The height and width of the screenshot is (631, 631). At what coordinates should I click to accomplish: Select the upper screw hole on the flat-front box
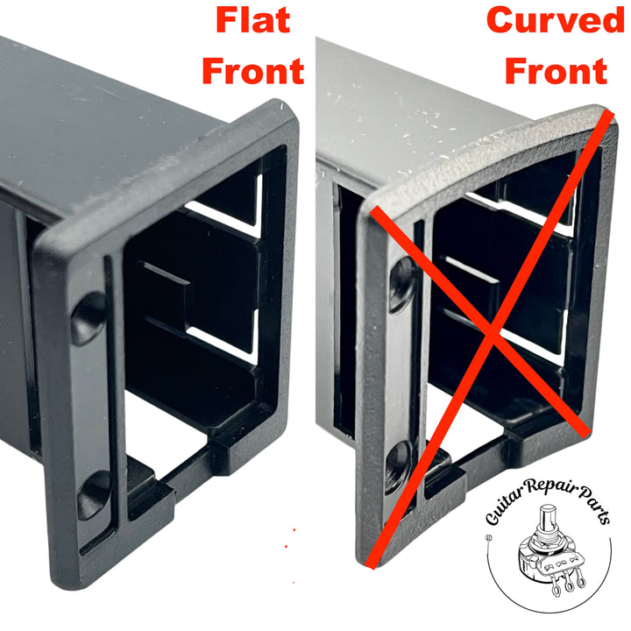pos(89,316)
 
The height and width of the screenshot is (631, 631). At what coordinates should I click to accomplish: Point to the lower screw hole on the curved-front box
pos(399,462)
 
